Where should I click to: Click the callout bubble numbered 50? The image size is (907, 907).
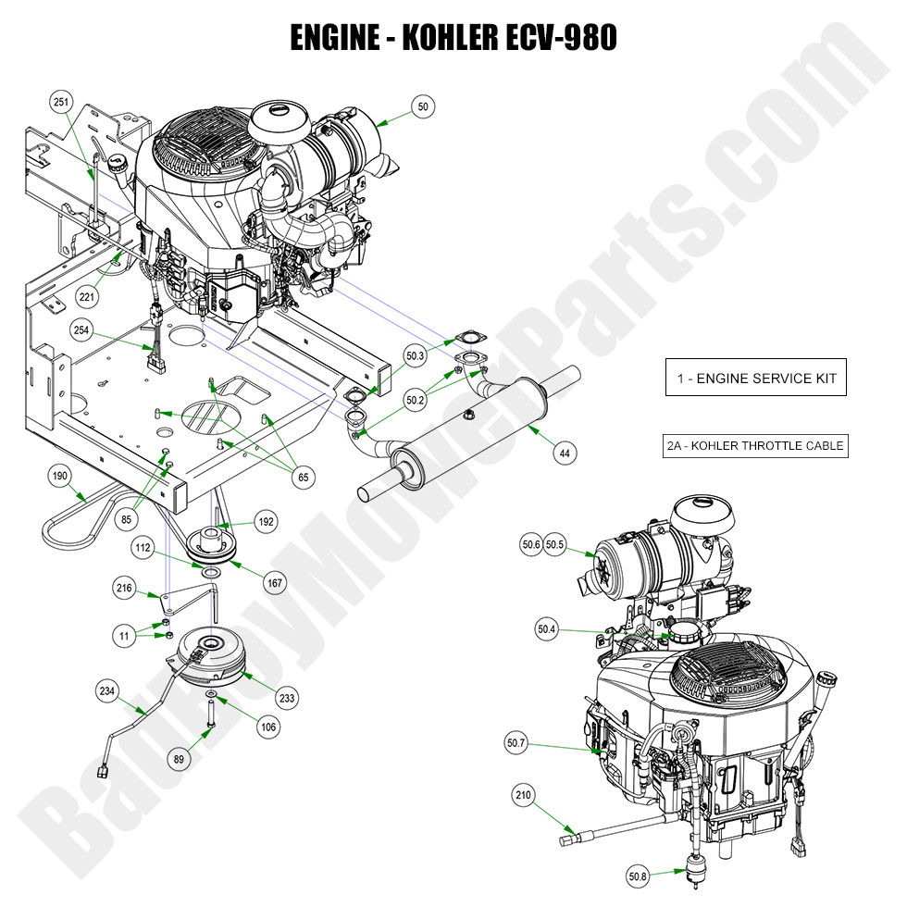click(424, 107)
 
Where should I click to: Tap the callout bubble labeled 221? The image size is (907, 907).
click(88, 297)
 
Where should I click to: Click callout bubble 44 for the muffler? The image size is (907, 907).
click(564, 453)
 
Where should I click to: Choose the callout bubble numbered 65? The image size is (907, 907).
click(301, 478)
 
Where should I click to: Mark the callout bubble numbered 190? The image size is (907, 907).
click(61, 476)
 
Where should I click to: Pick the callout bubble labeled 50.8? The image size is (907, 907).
click(638, 876)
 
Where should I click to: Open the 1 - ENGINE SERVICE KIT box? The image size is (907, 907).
click(755, 378)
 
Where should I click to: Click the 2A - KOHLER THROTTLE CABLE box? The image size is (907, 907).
click(755, 445)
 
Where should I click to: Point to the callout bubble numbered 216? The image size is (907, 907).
click(126, 587)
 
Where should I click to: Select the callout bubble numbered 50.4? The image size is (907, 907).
click(548, 629)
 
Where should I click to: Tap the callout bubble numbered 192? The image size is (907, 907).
click(267, 522)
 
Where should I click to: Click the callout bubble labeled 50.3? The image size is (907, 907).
click(416, 354)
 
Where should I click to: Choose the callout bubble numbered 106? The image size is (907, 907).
click(267, 727)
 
